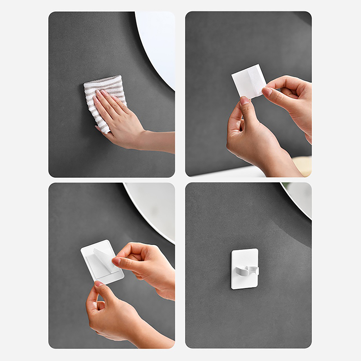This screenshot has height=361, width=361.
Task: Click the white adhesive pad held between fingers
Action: pyautogui.click(x=248, y=81)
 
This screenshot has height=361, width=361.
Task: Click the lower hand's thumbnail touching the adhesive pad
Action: pyautogui.click(x=245, y=100)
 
